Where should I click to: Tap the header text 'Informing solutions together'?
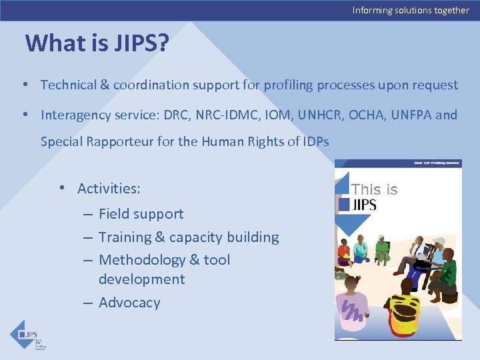click(x=411, y=10)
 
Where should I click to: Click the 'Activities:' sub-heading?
click(x=109, y=189)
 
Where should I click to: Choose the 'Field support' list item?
click(x=141, y=214)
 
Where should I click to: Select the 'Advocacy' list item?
click(x=129, y=303)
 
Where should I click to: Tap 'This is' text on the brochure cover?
click(x=374, y=189)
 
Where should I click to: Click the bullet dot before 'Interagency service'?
click(x=24, y=115)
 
